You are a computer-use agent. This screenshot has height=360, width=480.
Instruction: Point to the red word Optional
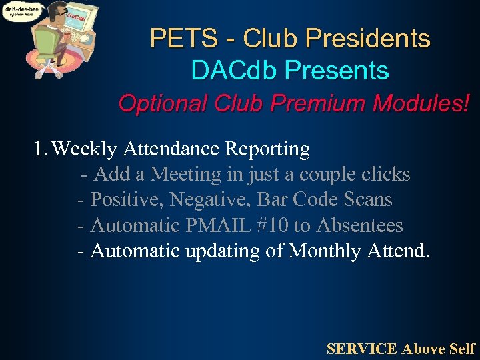tap(159, 104)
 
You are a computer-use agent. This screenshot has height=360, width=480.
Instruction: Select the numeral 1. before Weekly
tap(41, 149)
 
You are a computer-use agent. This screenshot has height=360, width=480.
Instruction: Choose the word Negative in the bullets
tap(215, 199)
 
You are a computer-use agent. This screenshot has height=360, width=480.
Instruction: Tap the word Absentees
tap(359, 225)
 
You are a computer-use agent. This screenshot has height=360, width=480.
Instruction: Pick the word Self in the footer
tap(462, 348)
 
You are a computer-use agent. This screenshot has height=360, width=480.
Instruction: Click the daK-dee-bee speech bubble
tap(22, 12)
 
